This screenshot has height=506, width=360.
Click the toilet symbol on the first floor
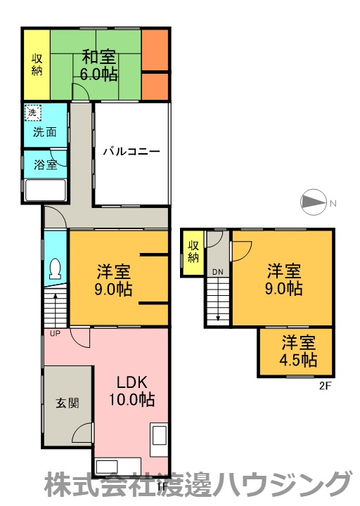pyautogui.click(x=55, y=268)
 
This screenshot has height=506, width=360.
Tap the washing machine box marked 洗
pyautogui.click(x=33, y=113)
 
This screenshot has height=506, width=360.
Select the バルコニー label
pyautogui.click(x=131, y=151)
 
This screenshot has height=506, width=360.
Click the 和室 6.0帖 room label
pyautogui.click(x=98, y=65)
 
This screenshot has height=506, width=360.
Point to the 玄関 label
pyautogui.click(x=67, y=403)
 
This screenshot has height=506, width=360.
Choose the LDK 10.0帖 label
pyautogui.click(x=131, y=391)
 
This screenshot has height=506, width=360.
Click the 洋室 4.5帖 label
pyautogui.click(x=298, y=351)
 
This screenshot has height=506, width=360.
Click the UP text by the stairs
pyautogui.click(x=56, y=334)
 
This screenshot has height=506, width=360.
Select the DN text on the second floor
pyautogui.click(x=217, y=272)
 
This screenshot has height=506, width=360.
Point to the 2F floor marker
pyautogui.click(x=326, y=386)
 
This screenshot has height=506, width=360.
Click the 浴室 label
pyautogui.click(x=46, y=164)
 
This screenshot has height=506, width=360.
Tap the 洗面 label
pyautogui.click(x=45, y=132)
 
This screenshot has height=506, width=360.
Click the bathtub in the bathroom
pyautogui.click(x=46, y=190)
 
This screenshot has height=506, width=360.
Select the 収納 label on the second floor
pyautogui.click(x=193, y=252)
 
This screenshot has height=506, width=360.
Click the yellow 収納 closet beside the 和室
pyautogui.click(x=37, y=65)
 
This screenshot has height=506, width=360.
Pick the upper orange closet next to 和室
pyautogui.click(x=155, y=50)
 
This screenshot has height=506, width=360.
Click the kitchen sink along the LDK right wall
pyautogui.click(x=159, y=440)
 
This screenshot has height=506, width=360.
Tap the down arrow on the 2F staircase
pyautogui.click(x=218, y=299)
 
